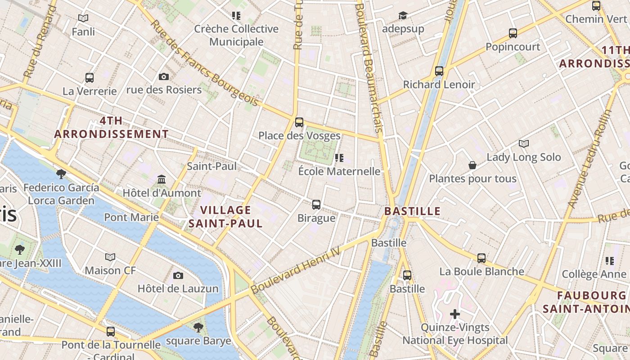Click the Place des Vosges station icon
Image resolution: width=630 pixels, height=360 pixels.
299,122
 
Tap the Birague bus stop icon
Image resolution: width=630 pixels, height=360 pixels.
316,205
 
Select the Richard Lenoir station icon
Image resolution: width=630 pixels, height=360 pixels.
439,71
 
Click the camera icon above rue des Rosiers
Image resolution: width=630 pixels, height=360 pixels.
164,77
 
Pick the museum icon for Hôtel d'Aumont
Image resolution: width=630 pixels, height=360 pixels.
162,180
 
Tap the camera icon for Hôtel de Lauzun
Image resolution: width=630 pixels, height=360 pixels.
178,275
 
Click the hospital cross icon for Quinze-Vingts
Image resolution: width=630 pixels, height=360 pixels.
455,314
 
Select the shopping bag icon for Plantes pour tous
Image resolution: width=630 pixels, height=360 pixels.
472,165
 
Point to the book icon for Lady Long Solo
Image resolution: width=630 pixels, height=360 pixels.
524,144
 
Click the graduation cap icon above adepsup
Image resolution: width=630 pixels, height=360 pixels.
403,16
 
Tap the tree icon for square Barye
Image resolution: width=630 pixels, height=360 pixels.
198,328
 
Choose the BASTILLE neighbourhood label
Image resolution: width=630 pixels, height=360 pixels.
412,211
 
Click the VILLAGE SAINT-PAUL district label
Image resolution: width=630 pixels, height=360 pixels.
225,216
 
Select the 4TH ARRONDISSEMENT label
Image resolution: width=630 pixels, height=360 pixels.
112,127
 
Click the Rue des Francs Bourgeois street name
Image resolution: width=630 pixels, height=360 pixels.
204,63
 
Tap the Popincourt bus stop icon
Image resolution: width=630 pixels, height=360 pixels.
513,33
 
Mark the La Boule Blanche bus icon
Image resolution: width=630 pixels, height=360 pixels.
481,258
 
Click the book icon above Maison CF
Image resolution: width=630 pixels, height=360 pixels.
110,257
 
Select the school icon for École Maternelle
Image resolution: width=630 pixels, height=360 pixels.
339,158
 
